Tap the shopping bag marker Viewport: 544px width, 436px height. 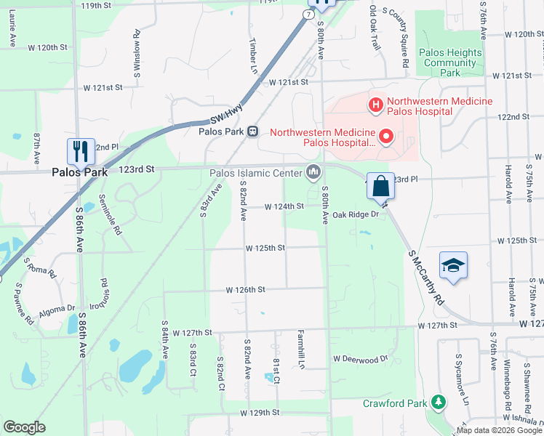pos(380,186)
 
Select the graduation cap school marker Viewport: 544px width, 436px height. pos(453,266)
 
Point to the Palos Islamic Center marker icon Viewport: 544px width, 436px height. pos(313,173)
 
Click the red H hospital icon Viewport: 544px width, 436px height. pos(376,106)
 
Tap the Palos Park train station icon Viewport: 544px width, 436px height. pos(252,132)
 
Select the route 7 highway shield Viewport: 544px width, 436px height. pos(309,15)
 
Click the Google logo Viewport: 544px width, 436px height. pos(25,427)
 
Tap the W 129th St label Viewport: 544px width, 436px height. pos(260,413)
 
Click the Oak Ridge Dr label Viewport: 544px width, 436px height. pos(356,215)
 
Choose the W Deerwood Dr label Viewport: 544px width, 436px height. pos(361,359)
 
